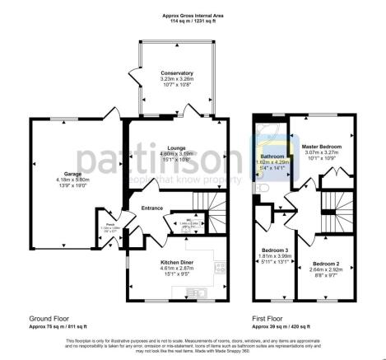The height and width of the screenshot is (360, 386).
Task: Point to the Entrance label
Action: [x=152, y=208]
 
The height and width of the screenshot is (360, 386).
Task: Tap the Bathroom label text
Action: [x=272, y=156]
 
